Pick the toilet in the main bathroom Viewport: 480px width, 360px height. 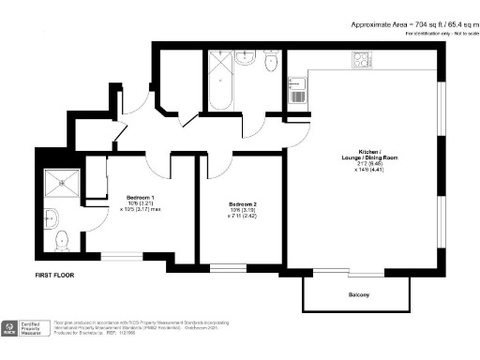(x=271, y=61)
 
